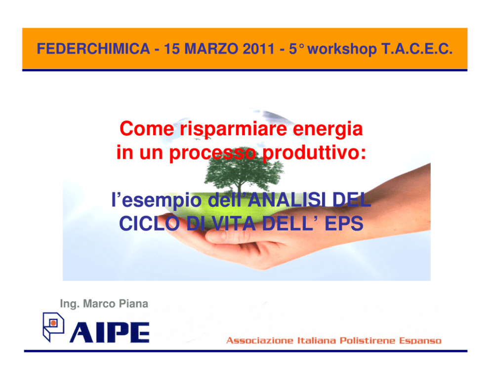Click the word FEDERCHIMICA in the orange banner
93,49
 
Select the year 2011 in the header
258,49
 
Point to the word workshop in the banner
342,49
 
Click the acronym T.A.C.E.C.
417,49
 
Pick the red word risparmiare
233,129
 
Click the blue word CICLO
149,224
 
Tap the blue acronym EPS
344,224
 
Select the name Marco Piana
116,304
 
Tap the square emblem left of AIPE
53,327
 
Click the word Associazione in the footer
260,340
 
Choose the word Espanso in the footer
420,341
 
